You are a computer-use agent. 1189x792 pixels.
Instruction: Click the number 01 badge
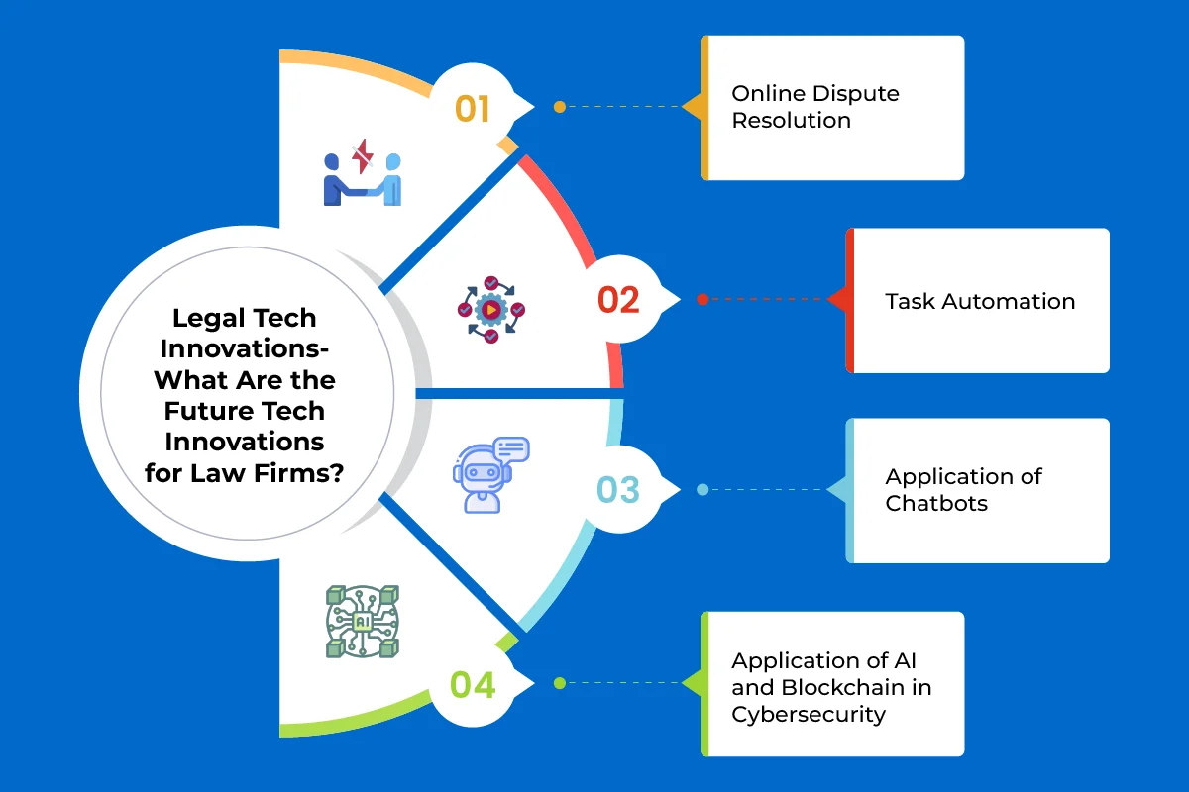473,107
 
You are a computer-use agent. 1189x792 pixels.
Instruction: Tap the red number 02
618,299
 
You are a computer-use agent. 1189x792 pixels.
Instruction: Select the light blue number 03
618,489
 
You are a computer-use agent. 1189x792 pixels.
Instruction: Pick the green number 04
473,684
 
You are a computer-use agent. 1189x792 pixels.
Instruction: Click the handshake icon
363,179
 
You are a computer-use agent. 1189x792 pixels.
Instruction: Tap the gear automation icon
490,309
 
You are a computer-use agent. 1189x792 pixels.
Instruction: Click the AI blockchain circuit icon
363,621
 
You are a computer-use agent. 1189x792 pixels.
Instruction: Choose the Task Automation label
980,301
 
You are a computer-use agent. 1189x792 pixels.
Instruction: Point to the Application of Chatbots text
963,489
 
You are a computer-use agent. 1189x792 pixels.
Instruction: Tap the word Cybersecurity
808,714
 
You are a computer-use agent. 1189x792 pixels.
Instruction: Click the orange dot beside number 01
560,107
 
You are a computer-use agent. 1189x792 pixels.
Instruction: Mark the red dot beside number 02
703,299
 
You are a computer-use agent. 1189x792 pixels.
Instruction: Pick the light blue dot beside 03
703,489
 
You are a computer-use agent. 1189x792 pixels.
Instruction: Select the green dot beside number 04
560,683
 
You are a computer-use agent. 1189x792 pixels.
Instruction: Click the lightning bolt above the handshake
363,155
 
